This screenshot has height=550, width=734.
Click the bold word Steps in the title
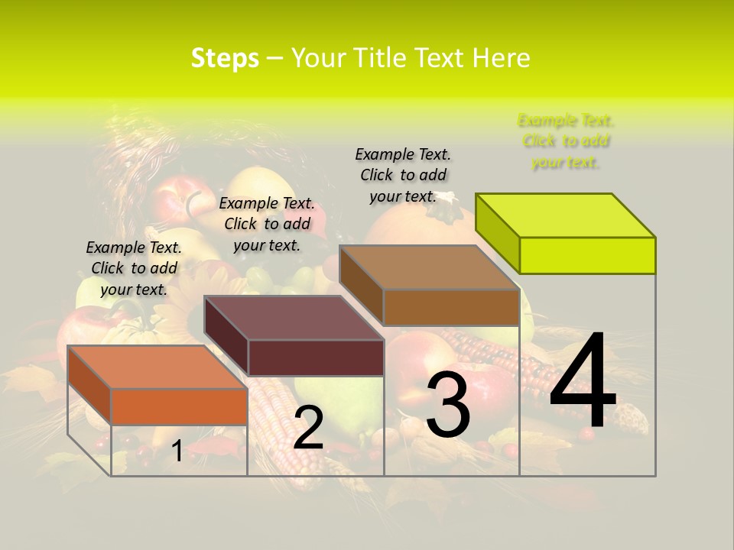225,58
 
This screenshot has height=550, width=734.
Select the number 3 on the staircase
447,406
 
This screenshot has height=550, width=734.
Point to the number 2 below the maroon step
308,428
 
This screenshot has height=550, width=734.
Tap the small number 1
177,451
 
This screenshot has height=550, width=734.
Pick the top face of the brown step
430,267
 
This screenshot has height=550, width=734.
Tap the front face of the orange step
179,406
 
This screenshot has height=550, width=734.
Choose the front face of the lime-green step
587,255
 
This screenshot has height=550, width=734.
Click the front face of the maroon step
315,357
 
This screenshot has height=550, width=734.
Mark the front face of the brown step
451,307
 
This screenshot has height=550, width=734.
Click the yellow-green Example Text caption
565,141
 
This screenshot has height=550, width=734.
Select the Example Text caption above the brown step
403,175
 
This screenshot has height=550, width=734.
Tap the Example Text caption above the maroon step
267,224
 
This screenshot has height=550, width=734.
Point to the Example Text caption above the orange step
134,268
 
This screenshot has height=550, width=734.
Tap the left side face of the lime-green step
498,228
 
